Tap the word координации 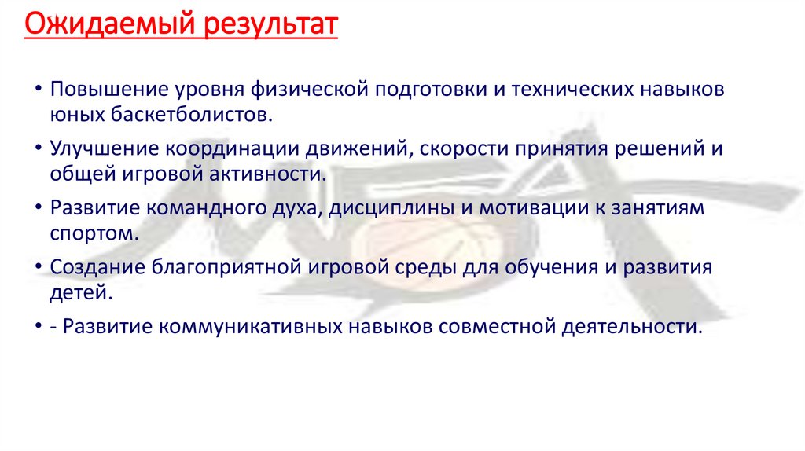(229, 148)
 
